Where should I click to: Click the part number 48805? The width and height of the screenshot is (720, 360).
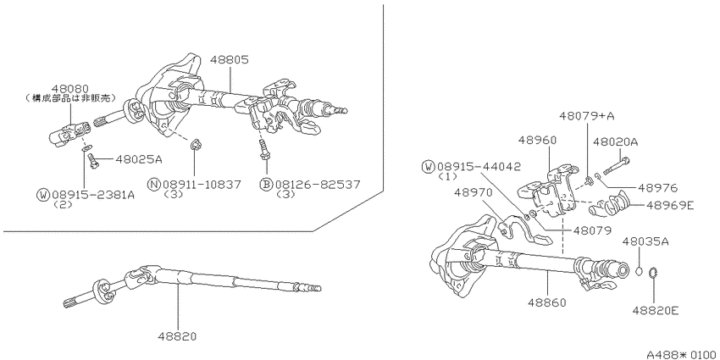pos(230,59)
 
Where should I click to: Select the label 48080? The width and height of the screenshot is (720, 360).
pos(70,88)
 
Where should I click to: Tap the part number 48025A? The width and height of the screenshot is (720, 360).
pos(139,160)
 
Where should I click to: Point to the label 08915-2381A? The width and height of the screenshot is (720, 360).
pos(93,195)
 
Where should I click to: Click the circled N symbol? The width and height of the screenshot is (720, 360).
pos(153,185)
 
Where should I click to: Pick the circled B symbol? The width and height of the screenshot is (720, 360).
pos(266,185)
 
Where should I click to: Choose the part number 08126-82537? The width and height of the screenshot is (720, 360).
pos(318,185)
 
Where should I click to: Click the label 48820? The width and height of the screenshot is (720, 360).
pos(177,336)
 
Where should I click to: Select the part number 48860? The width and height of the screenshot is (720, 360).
pos(546,302)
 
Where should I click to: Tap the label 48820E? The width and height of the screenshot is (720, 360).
pos(656,311)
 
